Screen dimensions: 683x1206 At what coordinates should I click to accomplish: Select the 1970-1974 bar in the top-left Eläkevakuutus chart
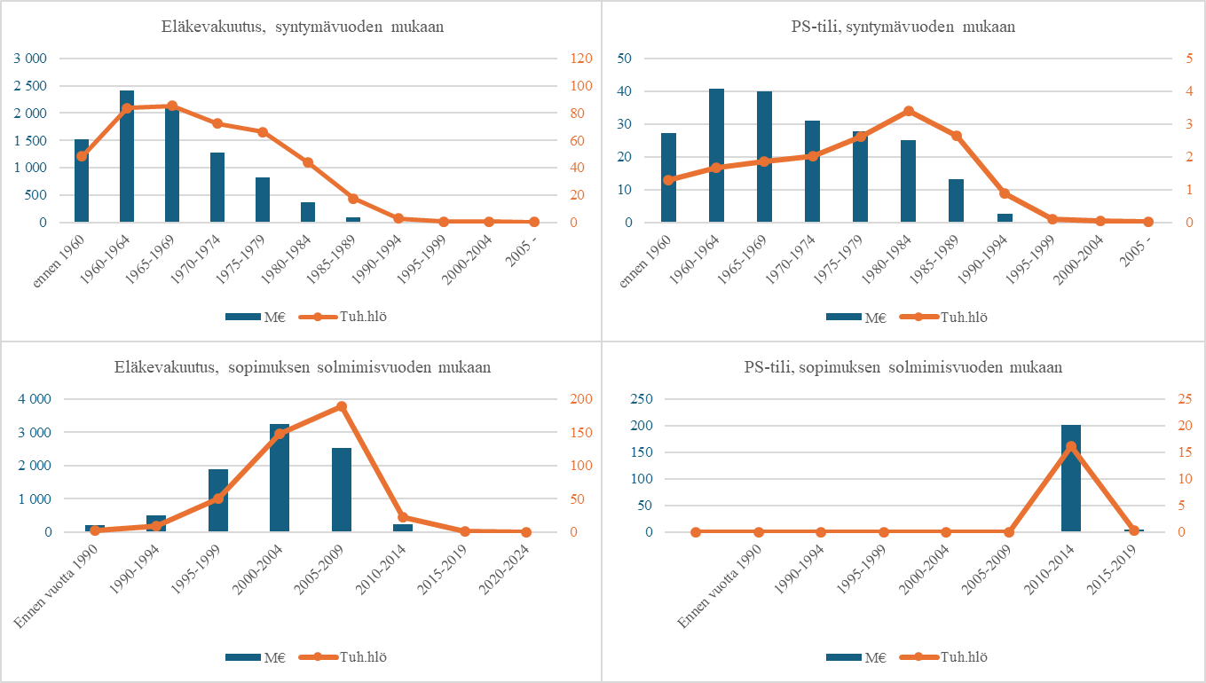tap(217, 188)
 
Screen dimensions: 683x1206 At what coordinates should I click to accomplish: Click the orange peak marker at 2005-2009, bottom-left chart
tap(342, 406)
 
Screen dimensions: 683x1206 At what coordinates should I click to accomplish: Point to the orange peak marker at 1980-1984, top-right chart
tap(909, 111)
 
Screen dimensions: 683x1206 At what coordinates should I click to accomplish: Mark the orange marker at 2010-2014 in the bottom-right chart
tap(1071, 446)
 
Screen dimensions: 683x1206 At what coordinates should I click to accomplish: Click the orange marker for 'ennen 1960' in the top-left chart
tap(82, 156)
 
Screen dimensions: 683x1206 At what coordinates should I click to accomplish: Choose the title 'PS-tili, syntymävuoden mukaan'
tap(903, 27)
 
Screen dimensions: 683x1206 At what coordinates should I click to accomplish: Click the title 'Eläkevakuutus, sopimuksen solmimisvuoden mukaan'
tap(302, 367)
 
